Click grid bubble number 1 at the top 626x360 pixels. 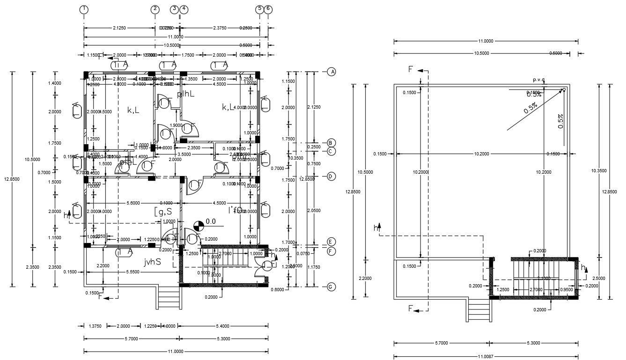[x=84, y=9]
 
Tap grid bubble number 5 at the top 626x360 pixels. [x=260, y=9]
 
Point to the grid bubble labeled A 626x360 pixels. [x=331, y=72]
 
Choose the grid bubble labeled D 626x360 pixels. [x=331, y=176]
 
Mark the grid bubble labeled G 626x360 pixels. [x=331, y=287]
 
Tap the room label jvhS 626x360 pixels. [x=152, y=262]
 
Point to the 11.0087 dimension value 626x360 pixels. [x=486, y=357]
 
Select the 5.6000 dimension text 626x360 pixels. [x=133, y=203]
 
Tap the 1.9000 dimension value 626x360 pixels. [x=176, y=125]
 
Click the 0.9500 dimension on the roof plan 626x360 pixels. [x=566, y=290]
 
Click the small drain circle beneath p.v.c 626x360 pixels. [x=564, y=89]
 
